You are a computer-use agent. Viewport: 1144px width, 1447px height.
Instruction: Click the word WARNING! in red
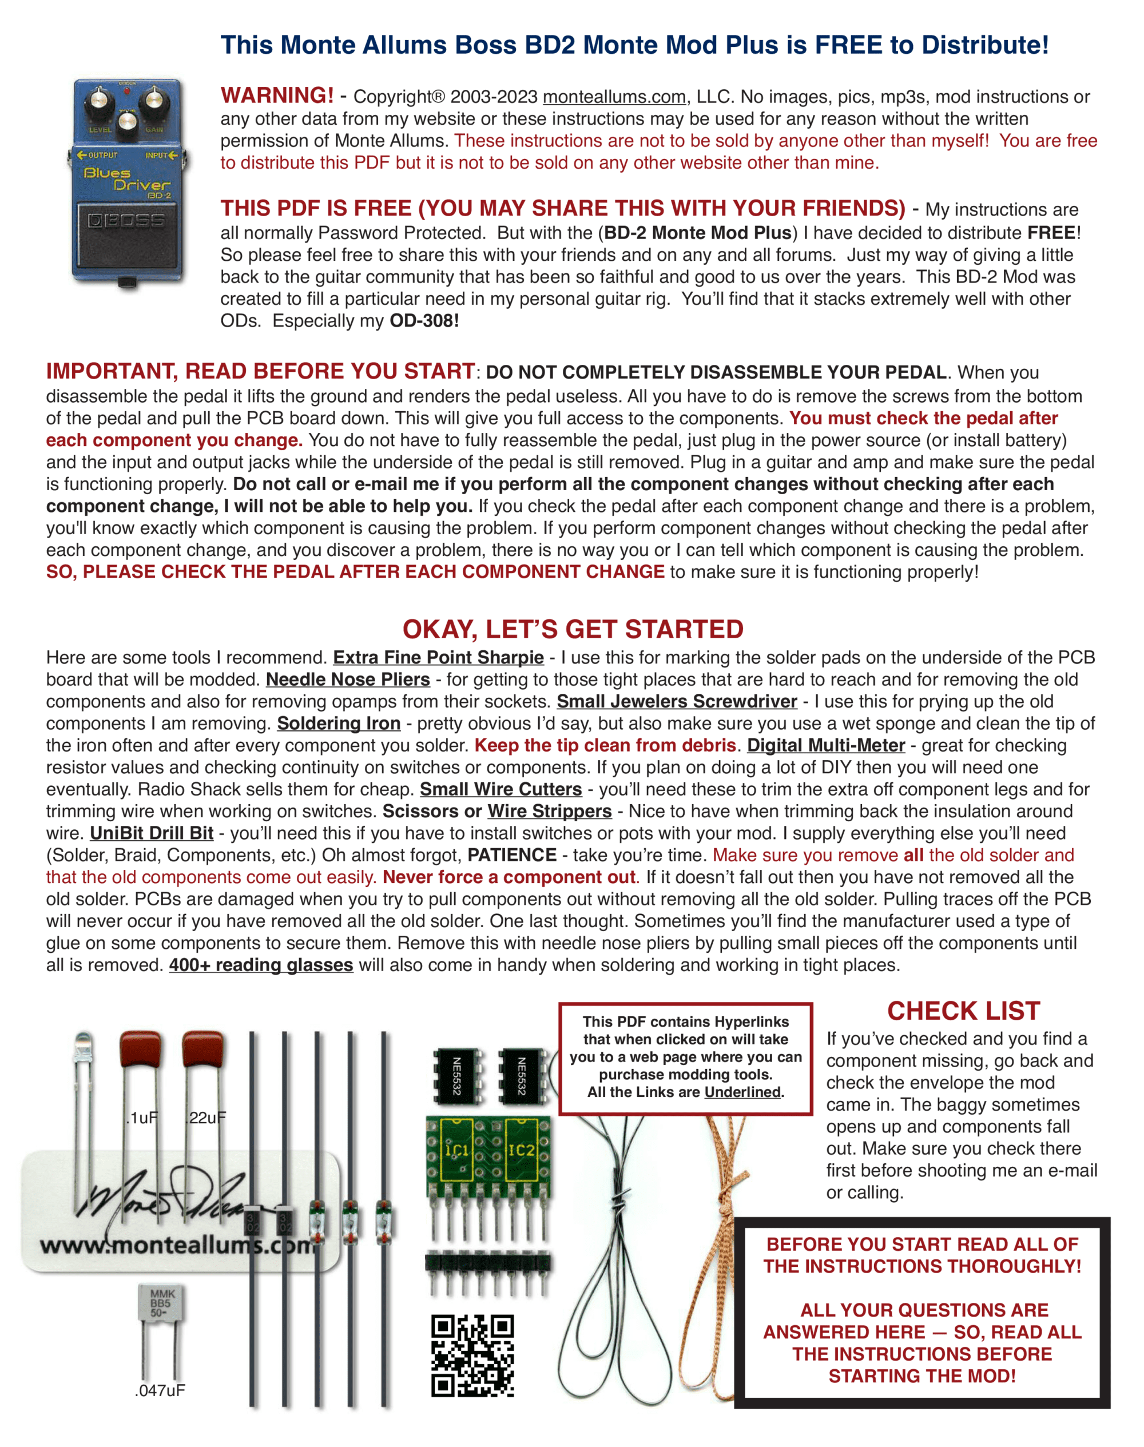coord(277,96)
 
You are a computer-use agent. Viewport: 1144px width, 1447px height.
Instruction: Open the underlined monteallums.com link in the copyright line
coord(614,97)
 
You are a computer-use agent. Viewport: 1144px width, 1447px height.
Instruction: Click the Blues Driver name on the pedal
coord(126,180)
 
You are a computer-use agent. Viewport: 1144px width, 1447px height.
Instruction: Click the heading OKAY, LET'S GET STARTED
coord(573,630)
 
